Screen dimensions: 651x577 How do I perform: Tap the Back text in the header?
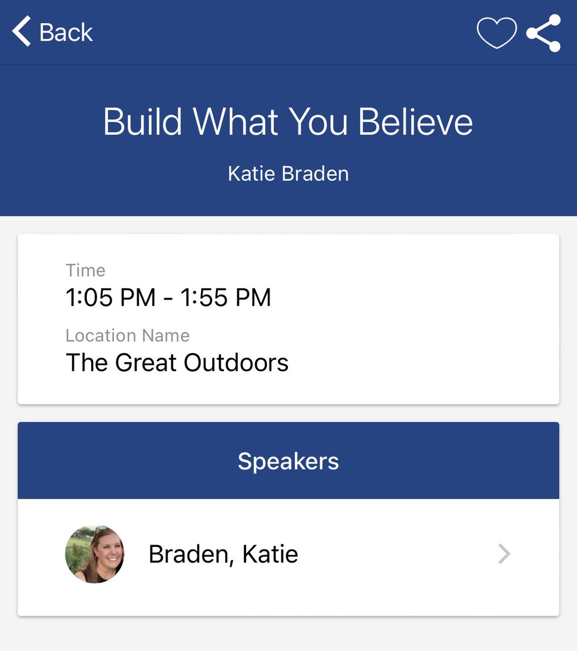coord(66,33)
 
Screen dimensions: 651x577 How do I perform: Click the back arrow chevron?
coord(22,31)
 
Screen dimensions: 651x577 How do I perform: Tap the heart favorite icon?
coord(496,33)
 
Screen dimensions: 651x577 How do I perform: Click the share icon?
coord(543,33)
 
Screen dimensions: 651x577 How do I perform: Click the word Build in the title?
coord(143,122)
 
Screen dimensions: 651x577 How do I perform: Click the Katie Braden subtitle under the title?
coord(288,174)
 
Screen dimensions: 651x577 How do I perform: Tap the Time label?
coord(86,270)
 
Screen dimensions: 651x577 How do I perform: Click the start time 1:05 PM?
coord(111,298)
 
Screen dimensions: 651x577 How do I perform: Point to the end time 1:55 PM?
coord(226,298)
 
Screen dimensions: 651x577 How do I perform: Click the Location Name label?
coord(127,336)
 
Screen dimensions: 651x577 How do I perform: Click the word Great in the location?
coord(146,363)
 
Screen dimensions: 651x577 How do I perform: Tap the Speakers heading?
coord(288,461)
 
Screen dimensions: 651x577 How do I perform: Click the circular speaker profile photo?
coord(95,554)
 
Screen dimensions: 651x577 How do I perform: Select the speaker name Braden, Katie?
coord(223,554)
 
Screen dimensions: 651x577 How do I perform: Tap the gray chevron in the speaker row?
coord(504,554)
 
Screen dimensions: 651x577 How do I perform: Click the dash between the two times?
coord(168,299)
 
